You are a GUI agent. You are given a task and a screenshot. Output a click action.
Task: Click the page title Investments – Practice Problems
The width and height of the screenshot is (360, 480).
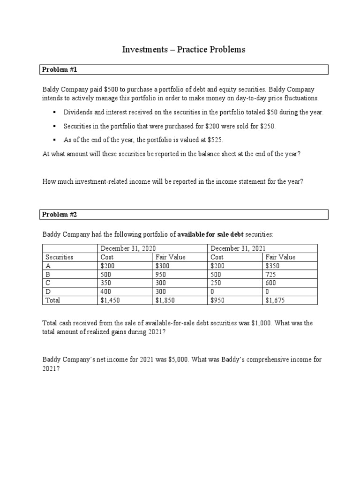coord(184,49)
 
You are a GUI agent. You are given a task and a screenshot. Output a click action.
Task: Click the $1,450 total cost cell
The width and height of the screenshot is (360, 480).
coord(111,300)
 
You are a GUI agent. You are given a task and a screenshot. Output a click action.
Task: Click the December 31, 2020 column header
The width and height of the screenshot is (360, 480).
coord(128,248)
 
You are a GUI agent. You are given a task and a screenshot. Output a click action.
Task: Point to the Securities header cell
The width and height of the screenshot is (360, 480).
coord(59,257)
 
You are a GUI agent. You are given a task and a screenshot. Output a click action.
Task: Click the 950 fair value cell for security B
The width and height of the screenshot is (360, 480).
coord(161,274)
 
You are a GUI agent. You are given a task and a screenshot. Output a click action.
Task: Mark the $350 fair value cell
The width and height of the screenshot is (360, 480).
coord(274,266)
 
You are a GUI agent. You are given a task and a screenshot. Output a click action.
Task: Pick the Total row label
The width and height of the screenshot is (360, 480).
coord(52,300)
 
